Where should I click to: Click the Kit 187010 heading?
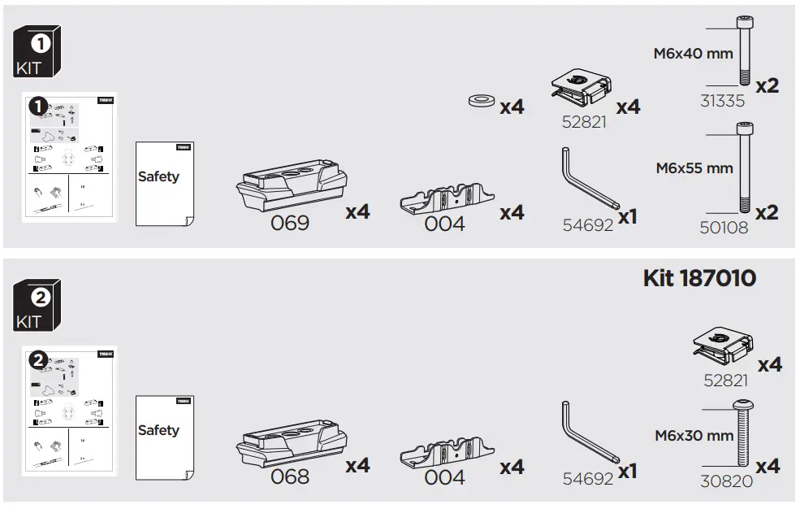[x=699, y=278]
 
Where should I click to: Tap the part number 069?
[x=289, y=223]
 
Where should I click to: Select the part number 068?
[x=289, y=476]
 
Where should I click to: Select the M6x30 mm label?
[x=694, y=436]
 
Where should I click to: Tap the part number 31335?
[x=722, y=101]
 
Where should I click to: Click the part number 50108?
[x=724, y=228]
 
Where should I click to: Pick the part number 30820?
[x=726, y=482]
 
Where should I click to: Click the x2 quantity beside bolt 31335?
[x=767, y=85]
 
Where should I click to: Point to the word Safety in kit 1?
[x=158, y=176]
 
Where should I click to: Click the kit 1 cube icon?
[x=38, y=53]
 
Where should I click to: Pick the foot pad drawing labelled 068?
[x=290, y=444]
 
